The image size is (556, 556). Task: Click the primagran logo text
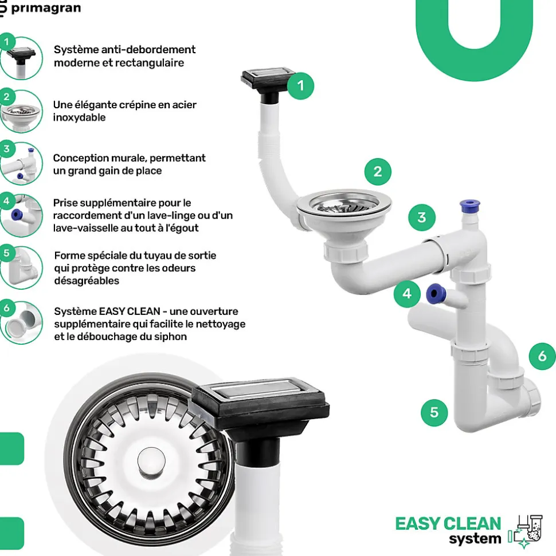coord(46,8)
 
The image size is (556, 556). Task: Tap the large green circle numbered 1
coord(301,86)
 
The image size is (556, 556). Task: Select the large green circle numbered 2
coord(378,172)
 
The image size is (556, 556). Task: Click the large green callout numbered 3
coord(422,218)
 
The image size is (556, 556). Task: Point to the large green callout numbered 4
coord(407,294)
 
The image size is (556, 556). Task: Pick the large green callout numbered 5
coord(434,412)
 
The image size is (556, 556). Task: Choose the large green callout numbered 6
coord(542,356)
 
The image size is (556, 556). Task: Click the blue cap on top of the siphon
coord(469,206)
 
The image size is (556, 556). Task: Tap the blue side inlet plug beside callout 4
coord(436,294)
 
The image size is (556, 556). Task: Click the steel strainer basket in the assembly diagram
coord(344,204)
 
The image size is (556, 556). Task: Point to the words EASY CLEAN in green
coord(448,524)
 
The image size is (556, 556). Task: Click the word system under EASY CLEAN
coord(475,539)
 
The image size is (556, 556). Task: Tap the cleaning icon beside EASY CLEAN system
coord(526,531)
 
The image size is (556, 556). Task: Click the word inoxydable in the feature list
coord(79,117)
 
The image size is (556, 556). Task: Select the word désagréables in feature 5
coord(87,281)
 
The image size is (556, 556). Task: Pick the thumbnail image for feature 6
coord(21,323)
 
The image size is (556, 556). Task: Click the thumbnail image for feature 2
coord(21,111)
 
